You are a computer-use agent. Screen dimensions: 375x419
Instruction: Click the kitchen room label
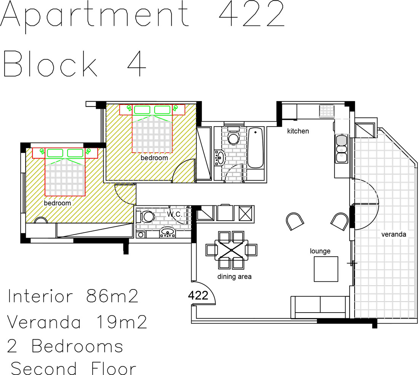pyautogui.click(x=298, y=131)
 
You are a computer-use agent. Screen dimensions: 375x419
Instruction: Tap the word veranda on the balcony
pyautogui.click(x=393, y=235)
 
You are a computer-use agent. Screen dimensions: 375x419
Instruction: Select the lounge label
pyautogui.click(x=320, y=251)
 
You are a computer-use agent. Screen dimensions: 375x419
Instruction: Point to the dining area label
pyautogui.click(x=234, y=276)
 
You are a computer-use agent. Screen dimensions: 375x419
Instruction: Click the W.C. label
pyautogui.click(x=175, y=214)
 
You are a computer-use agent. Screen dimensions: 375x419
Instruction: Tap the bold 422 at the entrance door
pyautogui.click(x=198, y=296)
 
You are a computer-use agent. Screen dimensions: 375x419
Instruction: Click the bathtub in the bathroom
pyautogui.click(x=256, y=148)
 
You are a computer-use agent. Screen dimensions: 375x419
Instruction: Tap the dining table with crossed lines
pyautogui.click(x=231, y=250)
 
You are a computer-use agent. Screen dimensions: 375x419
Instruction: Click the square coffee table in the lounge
pyautogui.click(x=326, y=269)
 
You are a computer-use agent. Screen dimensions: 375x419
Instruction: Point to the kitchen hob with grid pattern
pyautogui.click(x=326, y=111)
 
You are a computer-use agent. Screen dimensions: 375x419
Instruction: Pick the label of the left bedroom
pyautogui.click(x=57, y=203)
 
